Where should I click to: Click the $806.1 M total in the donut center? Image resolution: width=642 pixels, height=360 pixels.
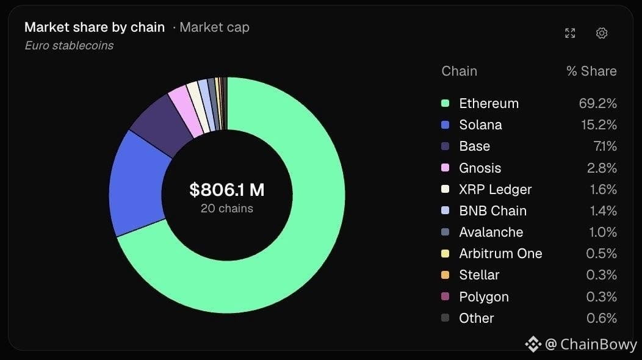[x=227, y=190]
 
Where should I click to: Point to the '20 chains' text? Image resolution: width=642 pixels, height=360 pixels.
[x=227, y=209]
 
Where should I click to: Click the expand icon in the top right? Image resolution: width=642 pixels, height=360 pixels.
[x=570, y=33]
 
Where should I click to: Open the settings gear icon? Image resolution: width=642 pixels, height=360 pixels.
[x=602, y=33]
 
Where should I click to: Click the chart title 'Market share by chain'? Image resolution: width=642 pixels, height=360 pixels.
[x=95, y=27]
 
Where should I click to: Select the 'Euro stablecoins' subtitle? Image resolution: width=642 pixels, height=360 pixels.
[x=69, y=46]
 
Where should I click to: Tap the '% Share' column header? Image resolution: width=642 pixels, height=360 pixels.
[x=591, y=71]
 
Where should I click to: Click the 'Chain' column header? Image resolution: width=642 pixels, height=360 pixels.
[x=460, y=71]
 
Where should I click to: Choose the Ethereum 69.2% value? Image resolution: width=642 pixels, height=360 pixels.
[x=598, y=103]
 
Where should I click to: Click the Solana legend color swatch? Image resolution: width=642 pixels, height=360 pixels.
[x=445, y=125]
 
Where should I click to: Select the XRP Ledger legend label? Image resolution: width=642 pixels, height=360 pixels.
[x=496, y=189]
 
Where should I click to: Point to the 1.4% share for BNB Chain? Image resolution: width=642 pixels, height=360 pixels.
[x=603, y=211]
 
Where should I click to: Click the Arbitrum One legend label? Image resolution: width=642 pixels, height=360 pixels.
[x=501, y=253]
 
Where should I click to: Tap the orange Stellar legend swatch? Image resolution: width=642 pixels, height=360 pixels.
[x=445, y=275]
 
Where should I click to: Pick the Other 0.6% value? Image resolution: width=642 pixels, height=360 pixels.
[x=602, y=318]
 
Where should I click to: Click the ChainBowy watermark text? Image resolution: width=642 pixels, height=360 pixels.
[x=599, y=344]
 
